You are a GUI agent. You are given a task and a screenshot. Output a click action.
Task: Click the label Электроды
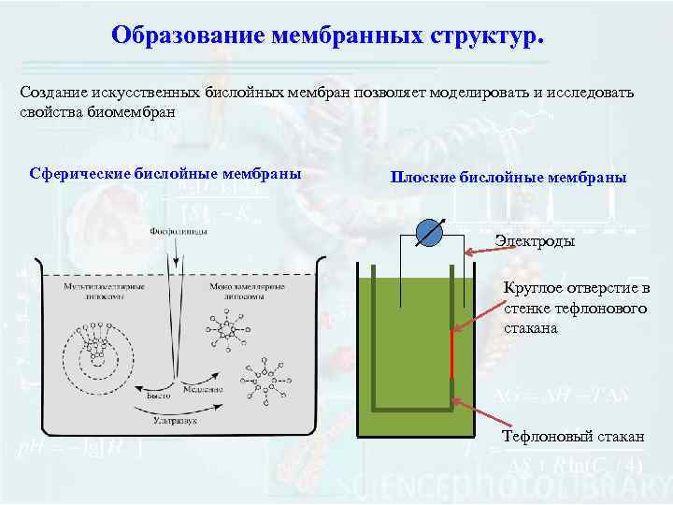point(536,241)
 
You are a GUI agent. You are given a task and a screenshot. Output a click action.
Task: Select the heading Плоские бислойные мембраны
point(508,177)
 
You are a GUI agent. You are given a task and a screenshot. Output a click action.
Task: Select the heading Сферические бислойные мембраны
point(165,173)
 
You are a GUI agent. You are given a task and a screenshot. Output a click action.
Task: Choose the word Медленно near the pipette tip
point(203,387)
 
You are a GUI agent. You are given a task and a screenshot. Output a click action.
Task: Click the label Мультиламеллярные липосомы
point(92,290)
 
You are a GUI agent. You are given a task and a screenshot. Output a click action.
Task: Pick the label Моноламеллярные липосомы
point(234,290)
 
